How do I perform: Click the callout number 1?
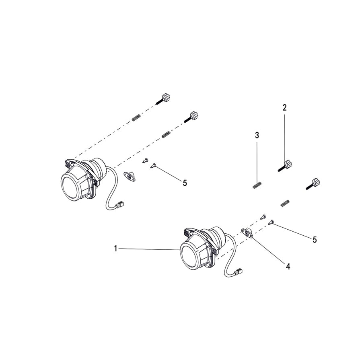coord(115,249)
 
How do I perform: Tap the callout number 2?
coord(284,107)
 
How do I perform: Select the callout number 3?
coord(257,135)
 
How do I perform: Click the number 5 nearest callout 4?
coord(315,239)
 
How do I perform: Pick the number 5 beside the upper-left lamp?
coord(185,183)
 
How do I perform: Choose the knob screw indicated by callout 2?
coord(285,165)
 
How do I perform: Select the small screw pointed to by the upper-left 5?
coord(153,165)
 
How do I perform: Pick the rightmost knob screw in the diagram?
coord(315,184)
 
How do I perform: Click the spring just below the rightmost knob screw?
coord(285,203)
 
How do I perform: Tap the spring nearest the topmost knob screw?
coord(136,118)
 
